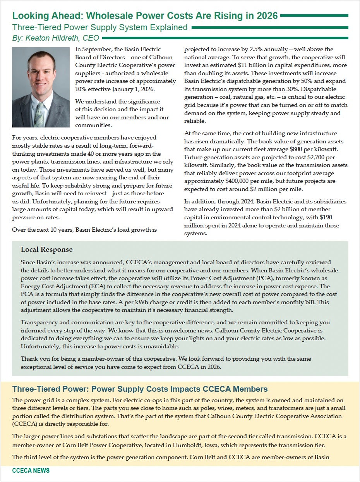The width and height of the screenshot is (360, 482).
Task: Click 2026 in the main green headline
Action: (x=266, y=15)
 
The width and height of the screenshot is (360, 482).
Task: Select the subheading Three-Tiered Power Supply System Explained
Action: (x=100, y=28)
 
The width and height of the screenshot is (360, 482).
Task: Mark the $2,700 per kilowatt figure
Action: (x=315, y=157)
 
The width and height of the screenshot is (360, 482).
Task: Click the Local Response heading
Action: (x=46, y=250)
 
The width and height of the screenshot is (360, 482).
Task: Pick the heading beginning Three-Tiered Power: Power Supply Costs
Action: (x=140, y=389)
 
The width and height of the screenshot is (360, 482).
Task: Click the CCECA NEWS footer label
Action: (x=31, y=471)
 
